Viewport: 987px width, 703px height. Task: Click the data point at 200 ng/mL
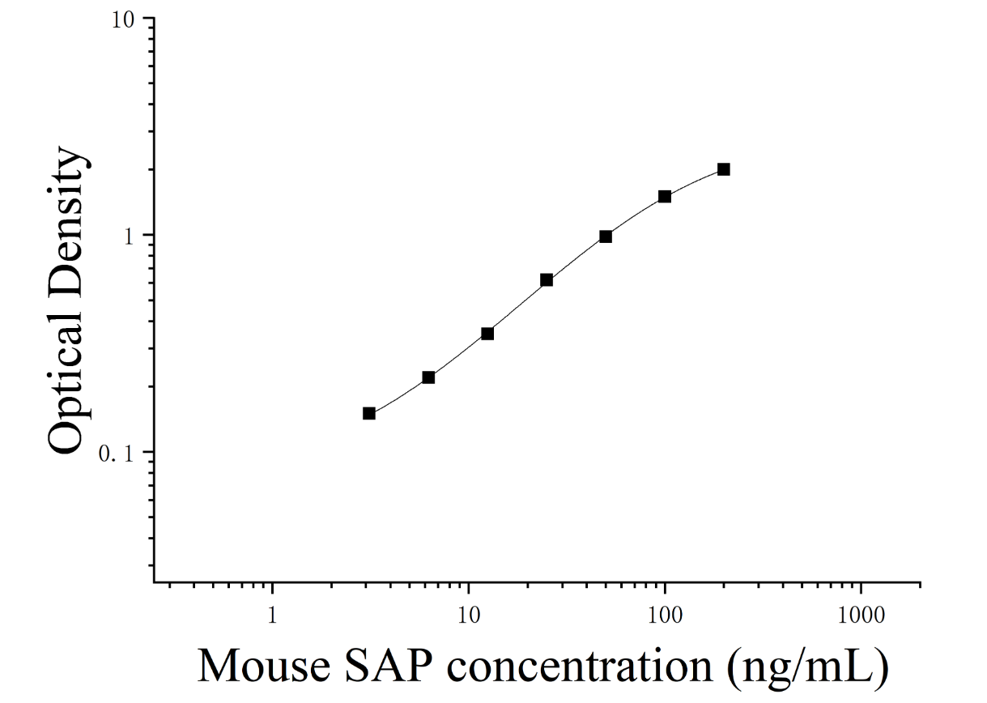(724, 169)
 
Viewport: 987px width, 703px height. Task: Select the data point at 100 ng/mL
(665, 196)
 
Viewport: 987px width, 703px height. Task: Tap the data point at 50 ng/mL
(606, 236)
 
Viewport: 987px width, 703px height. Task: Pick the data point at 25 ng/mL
(547, 280)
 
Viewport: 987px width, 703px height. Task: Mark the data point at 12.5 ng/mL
(487, 334)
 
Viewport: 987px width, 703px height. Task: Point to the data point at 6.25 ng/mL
(428, 377)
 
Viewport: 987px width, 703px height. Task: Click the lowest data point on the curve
(369, 413)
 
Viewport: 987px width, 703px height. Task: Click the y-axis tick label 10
(123, 20)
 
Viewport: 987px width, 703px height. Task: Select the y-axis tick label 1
(129, 237)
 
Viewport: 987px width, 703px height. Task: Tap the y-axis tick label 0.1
(116, 454)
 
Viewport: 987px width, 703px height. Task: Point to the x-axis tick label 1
(272, 616)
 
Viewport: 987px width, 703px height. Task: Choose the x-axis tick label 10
(468, 616)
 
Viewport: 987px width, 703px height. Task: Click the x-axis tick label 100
(665, 616)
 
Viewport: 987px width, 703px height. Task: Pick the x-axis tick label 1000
(861, 616)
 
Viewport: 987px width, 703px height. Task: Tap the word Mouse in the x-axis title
(263, 666)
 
